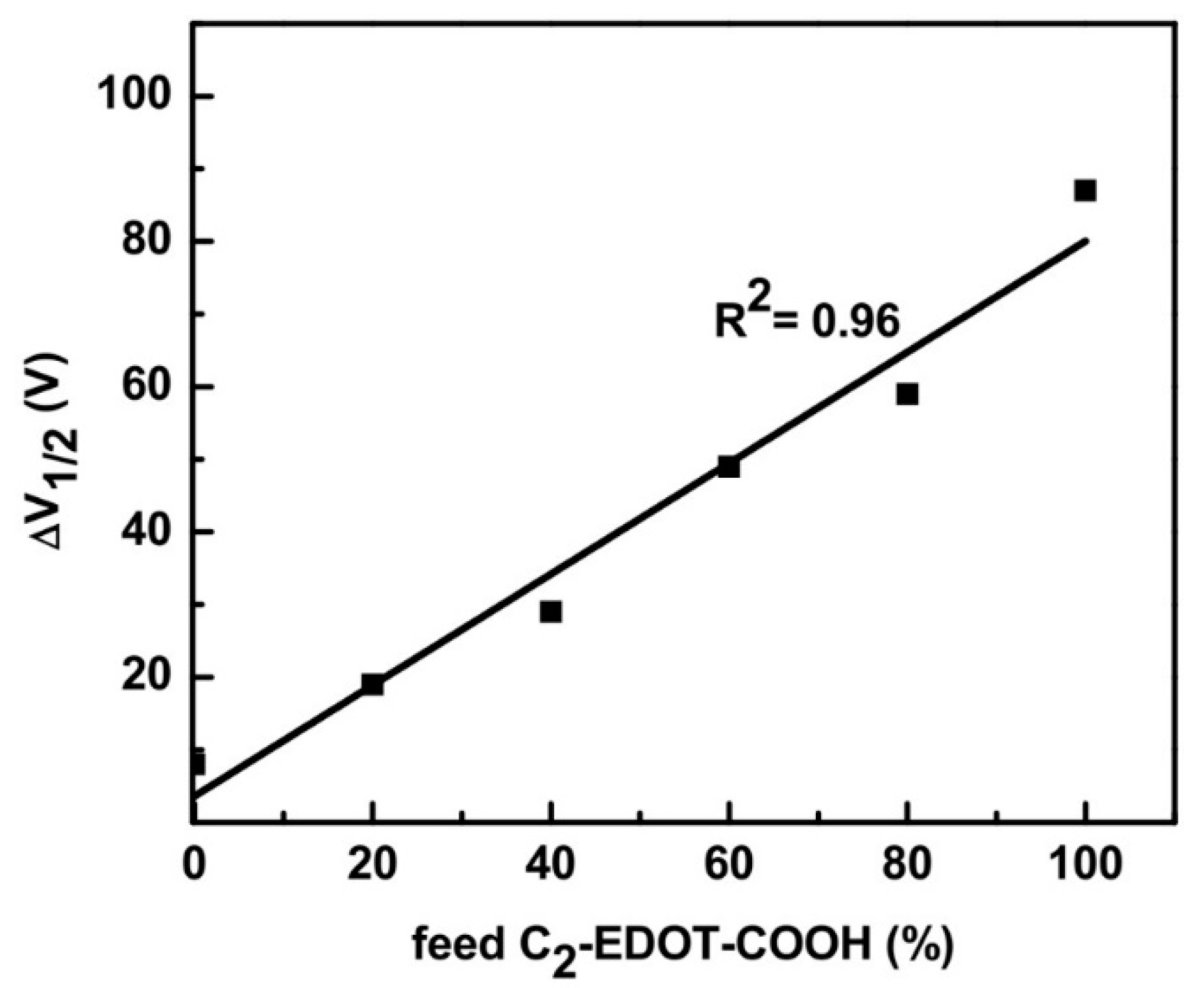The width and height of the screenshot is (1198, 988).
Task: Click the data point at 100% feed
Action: click(1084, 191)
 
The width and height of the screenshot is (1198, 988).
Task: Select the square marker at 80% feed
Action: click(907, 394)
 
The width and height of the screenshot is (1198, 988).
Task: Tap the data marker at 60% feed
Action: click(729, 467)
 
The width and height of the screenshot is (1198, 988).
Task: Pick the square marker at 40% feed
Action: click(550, 611)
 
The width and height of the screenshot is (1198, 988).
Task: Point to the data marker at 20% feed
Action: click(372, 684)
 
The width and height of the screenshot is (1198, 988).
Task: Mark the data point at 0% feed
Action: click(197, 763)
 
